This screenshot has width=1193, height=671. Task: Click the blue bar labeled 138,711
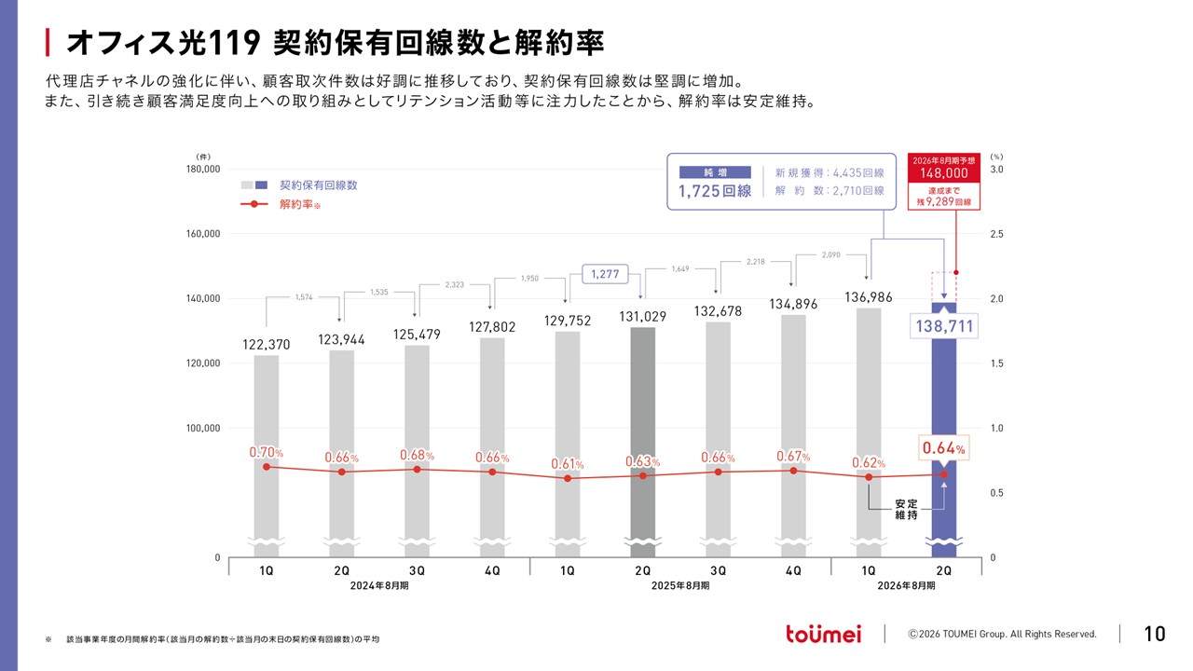pyautogui.click(x=944, y=426)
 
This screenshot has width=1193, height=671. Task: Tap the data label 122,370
pyautogui.click(x=267, y=345)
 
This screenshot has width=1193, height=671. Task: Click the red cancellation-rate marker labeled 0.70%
pyautogui.click(x=267, y=467)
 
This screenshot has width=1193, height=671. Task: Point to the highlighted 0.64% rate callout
pyautogui.click(x=944, y=448)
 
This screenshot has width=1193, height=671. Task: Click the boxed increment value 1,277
pyautogui.click(x=605, y=274)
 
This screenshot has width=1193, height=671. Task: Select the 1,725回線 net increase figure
pyautogui.click(x=715, y=191)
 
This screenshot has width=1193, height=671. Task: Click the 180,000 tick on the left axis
pyautogui.click(x=203, y=170)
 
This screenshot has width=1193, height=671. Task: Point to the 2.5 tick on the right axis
pyautogui.click(x=996, y=234)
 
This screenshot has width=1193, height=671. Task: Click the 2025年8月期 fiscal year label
pyautogui.click(x=680, y=586)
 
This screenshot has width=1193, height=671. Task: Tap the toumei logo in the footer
pyautogui.click(x=823, y=634)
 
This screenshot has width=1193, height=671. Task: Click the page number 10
pyautogui.click(x=1155, y=634)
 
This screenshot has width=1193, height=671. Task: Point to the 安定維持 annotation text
pyautogui.click(x=906, y=509)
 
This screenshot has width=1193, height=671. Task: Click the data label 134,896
pyautogui.click(x=793, y=304)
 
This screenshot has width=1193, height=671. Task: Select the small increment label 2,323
pyautogui.click(x=454, y=285)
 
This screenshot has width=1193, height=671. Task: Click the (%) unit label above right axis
pyautogui.click(x=996, y=157)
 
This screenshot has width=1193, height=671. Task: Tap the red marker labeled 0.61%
pyautogui.click(x=568, y=478)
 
